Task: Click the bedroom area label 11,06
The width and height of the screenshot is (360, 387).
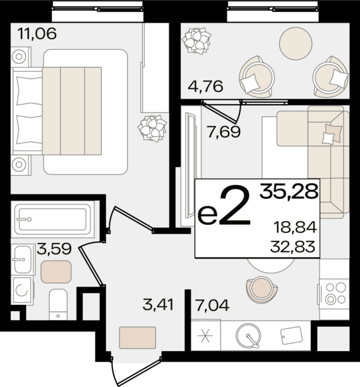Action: pos(37,34)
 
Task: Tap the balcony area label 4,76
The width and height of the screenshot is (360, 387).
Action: pos(205,86)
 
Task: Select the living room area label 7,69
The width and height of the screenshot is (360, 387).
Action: pos(224,132)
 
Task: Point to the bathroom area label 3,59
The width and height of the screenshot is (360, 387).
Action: pos(54,249)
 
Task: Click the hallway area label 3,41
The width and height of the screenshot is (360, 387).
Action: pos(159,304)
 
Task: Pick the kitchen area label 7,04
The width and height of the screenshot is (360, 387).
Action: pos(212,305)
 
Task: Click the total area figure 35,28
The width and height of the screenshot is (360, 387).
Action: pos(289,191)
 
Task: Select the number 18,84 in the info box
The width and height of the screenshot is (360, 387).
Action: pos(295,227)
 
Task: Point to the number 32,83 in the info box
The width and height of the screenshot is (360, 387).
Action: pos(293,247)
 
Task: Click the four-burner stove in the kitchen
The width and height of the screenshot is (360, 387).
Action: pos(333,294)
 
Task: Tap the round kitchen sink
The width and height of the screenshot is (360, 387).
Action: pos(248,335)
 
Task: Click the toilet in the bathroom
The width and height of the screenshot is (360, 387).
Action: pos(58,304)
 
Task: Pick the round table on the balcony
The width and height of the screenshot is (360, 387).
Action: pos(296,44)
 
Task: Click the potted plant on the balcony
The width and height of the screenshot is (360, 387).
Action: pos(196,41)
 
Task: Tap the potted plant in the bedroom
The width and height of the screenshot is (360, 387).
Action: pos(152,129)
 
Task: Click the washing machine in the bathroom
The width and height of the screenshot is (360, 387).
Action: pos(22,290)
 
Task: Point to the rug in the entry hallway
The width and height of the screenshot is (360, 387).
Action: pos(138,338)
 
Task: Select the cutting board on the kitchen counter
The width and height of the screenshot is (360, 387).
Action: pos(292,335)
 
